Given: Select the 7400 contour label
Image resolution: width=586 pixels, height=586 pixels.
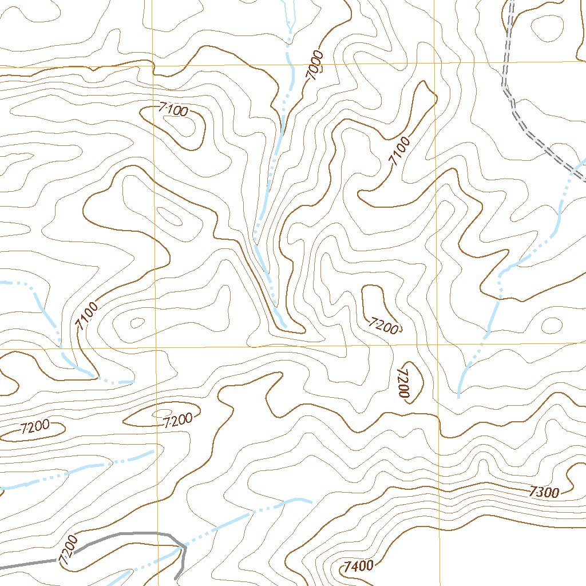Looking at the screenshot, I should pyautogui.click(x=359, y=567).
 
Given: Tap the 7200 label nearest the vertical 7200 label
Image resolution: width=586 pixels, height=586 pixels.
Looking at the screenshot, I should pyautogui.click(x=383, y=327).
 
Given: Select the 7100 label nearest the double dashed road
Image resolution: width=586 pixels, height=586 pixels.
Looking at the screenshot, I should pyautogui.click(x=400, y=151).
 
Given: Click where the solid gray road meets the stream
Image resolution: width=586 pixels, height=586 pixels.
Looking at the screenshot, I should pyautogui.click(x=183, y=548).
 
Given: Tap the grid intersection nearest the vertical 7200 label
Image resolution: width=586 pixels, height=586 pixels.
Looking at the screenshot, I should pyautogui.click(x=437, y=345).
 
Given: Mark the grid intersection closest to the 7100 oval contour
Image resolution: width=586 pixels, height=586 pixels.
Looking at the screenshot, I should pyautogui.click(x=153, y=66).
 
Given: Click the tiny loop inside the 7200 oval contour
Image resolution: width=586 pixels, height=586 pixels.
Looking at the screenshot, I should pyautogui.click(x=161, y=413).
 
